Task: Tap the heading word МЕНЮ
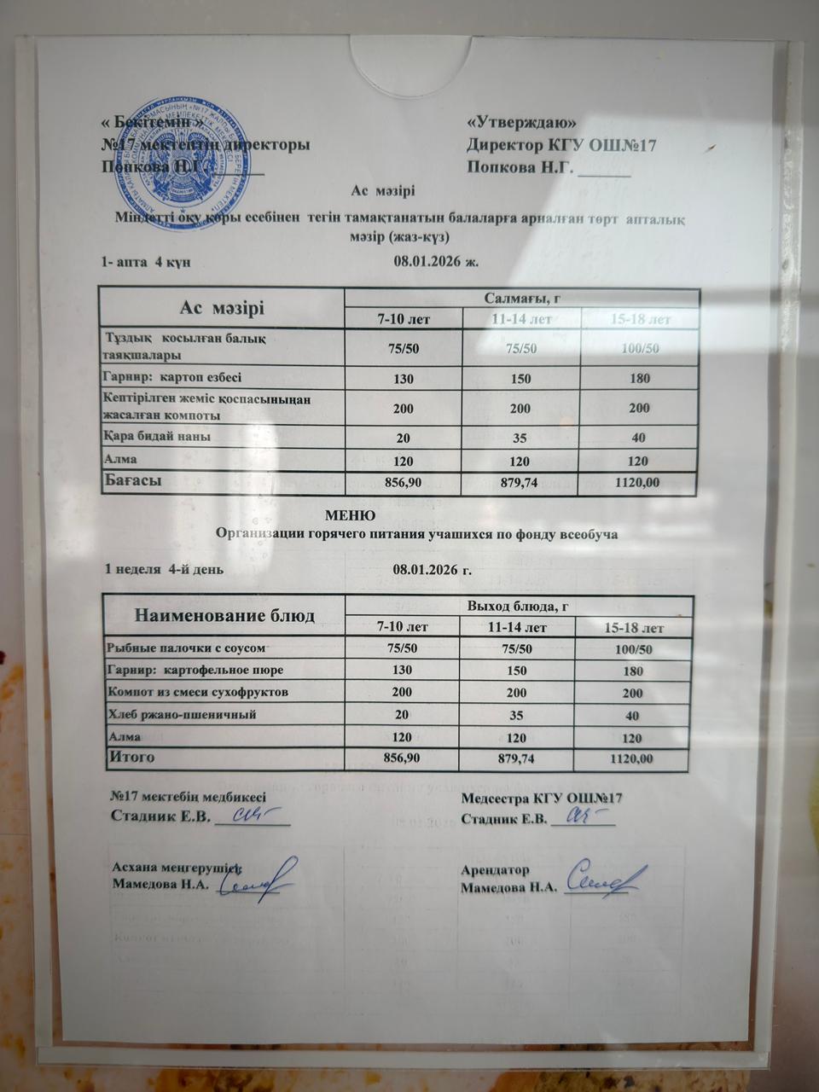(x=351, y=515)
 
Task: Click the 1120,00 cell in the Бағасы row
(x=638, y=483)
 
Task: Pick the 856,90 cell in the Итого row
(x=403, y=758)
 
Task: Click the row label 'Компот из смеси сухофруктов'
(x=197, y=692)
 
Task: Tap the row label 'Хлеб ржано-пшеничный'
(x=182, y=714)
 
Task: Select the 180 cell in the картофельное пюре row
(x=633, y=671)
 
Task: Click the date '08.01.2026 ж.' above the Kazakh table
(x=436, y=261)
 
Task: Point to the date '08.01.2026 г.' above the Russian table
(x=433, y=568)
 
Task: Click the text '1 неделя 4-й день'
(x=164, y=568)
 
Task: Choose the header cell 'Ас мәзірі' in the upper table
(x=222, y=307)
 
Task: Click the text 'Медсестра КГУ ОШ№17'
(x=542, y=799)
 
